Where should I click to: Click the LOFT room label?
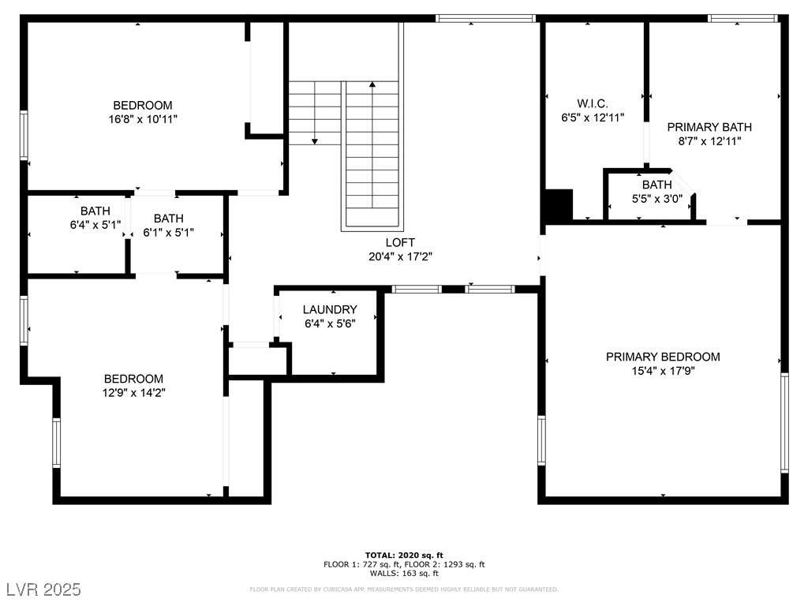click(400, 242)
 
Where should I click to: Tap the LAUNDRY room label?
click(330, 309)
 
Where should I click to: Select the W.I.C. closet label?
click(593, 103)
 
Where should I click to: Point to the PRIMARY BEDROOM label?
click(663, 357)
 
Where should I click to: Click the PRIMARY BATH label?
click(709, 127)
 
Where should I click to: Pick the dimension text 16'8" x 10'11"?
click(143, 119)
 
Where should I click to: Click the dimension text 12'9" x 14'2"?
click(133, 393)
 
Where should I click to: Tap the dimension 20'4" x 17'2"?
click(400, 256)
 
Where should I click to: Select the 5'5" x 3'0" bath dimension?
click(657, 198)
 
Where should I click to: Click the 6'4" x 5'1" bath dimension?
click(95, 225)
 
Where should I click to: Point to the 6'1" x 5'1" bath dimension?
click(169, 233)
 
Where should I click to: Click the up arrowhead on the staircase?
click(372, 84)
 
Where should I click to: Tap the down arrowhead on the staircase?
click(315, 141)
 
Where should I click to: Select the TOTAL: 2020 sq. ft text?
click(404, 555)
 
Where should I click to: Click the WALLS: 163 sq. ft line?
click(404, 573)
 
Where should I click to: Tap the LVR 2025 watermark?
click(44, 589)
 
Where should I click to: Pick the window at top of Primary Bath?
click(742, 19)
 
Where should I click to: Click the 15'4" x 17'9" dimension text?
click(663, 371)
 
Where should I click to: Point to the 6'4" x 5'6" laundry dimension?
click(330, 324)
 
